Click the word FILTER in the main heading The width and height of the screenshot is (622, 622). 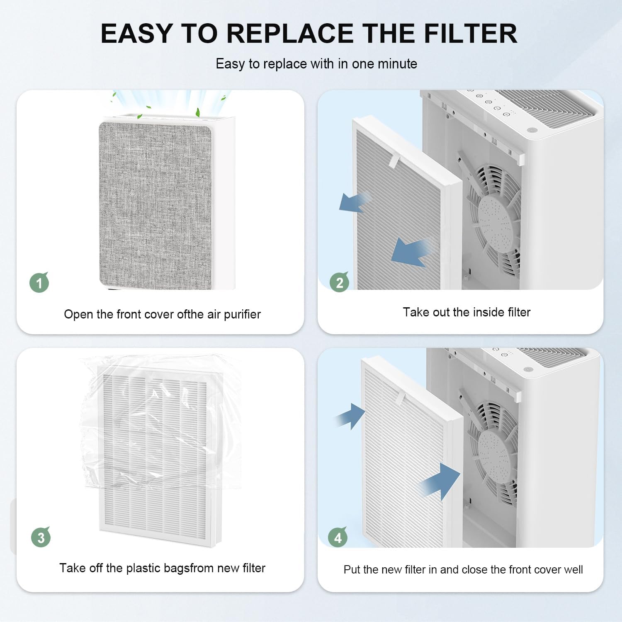[470, 33]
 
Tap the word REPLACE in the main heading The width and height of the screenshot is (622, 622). [289, 33]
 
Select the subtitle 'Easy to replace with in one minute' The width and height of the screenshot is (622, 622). [316, 64]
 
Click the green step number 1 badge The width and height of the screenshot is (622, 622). [39, 283]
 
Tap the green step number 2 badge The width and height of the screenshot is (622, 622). [339, 282]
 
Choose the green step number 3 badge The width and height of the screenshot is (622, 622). [41, 537]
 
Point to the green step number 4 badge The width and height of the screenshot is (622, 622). [338, 537]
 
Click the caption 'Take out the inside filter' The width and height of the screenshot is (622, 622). [466, 312]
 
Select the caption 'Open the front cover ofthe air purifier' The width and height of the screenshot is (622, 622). [162, 314]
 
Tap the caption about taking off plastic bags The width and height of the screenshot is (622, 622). [162, 568]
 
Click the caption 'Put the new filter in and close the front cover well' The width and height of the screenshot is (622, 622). [463, 569]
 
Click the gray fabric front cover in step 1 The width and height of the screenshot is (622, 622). [155, 205]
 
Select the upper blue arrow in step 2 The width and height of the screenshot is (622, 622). [352, 202]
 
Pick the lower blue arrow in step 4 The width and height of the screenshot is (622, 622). [442, 481]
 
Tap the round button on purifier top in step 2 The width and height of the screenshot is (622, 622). [530, 130]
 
